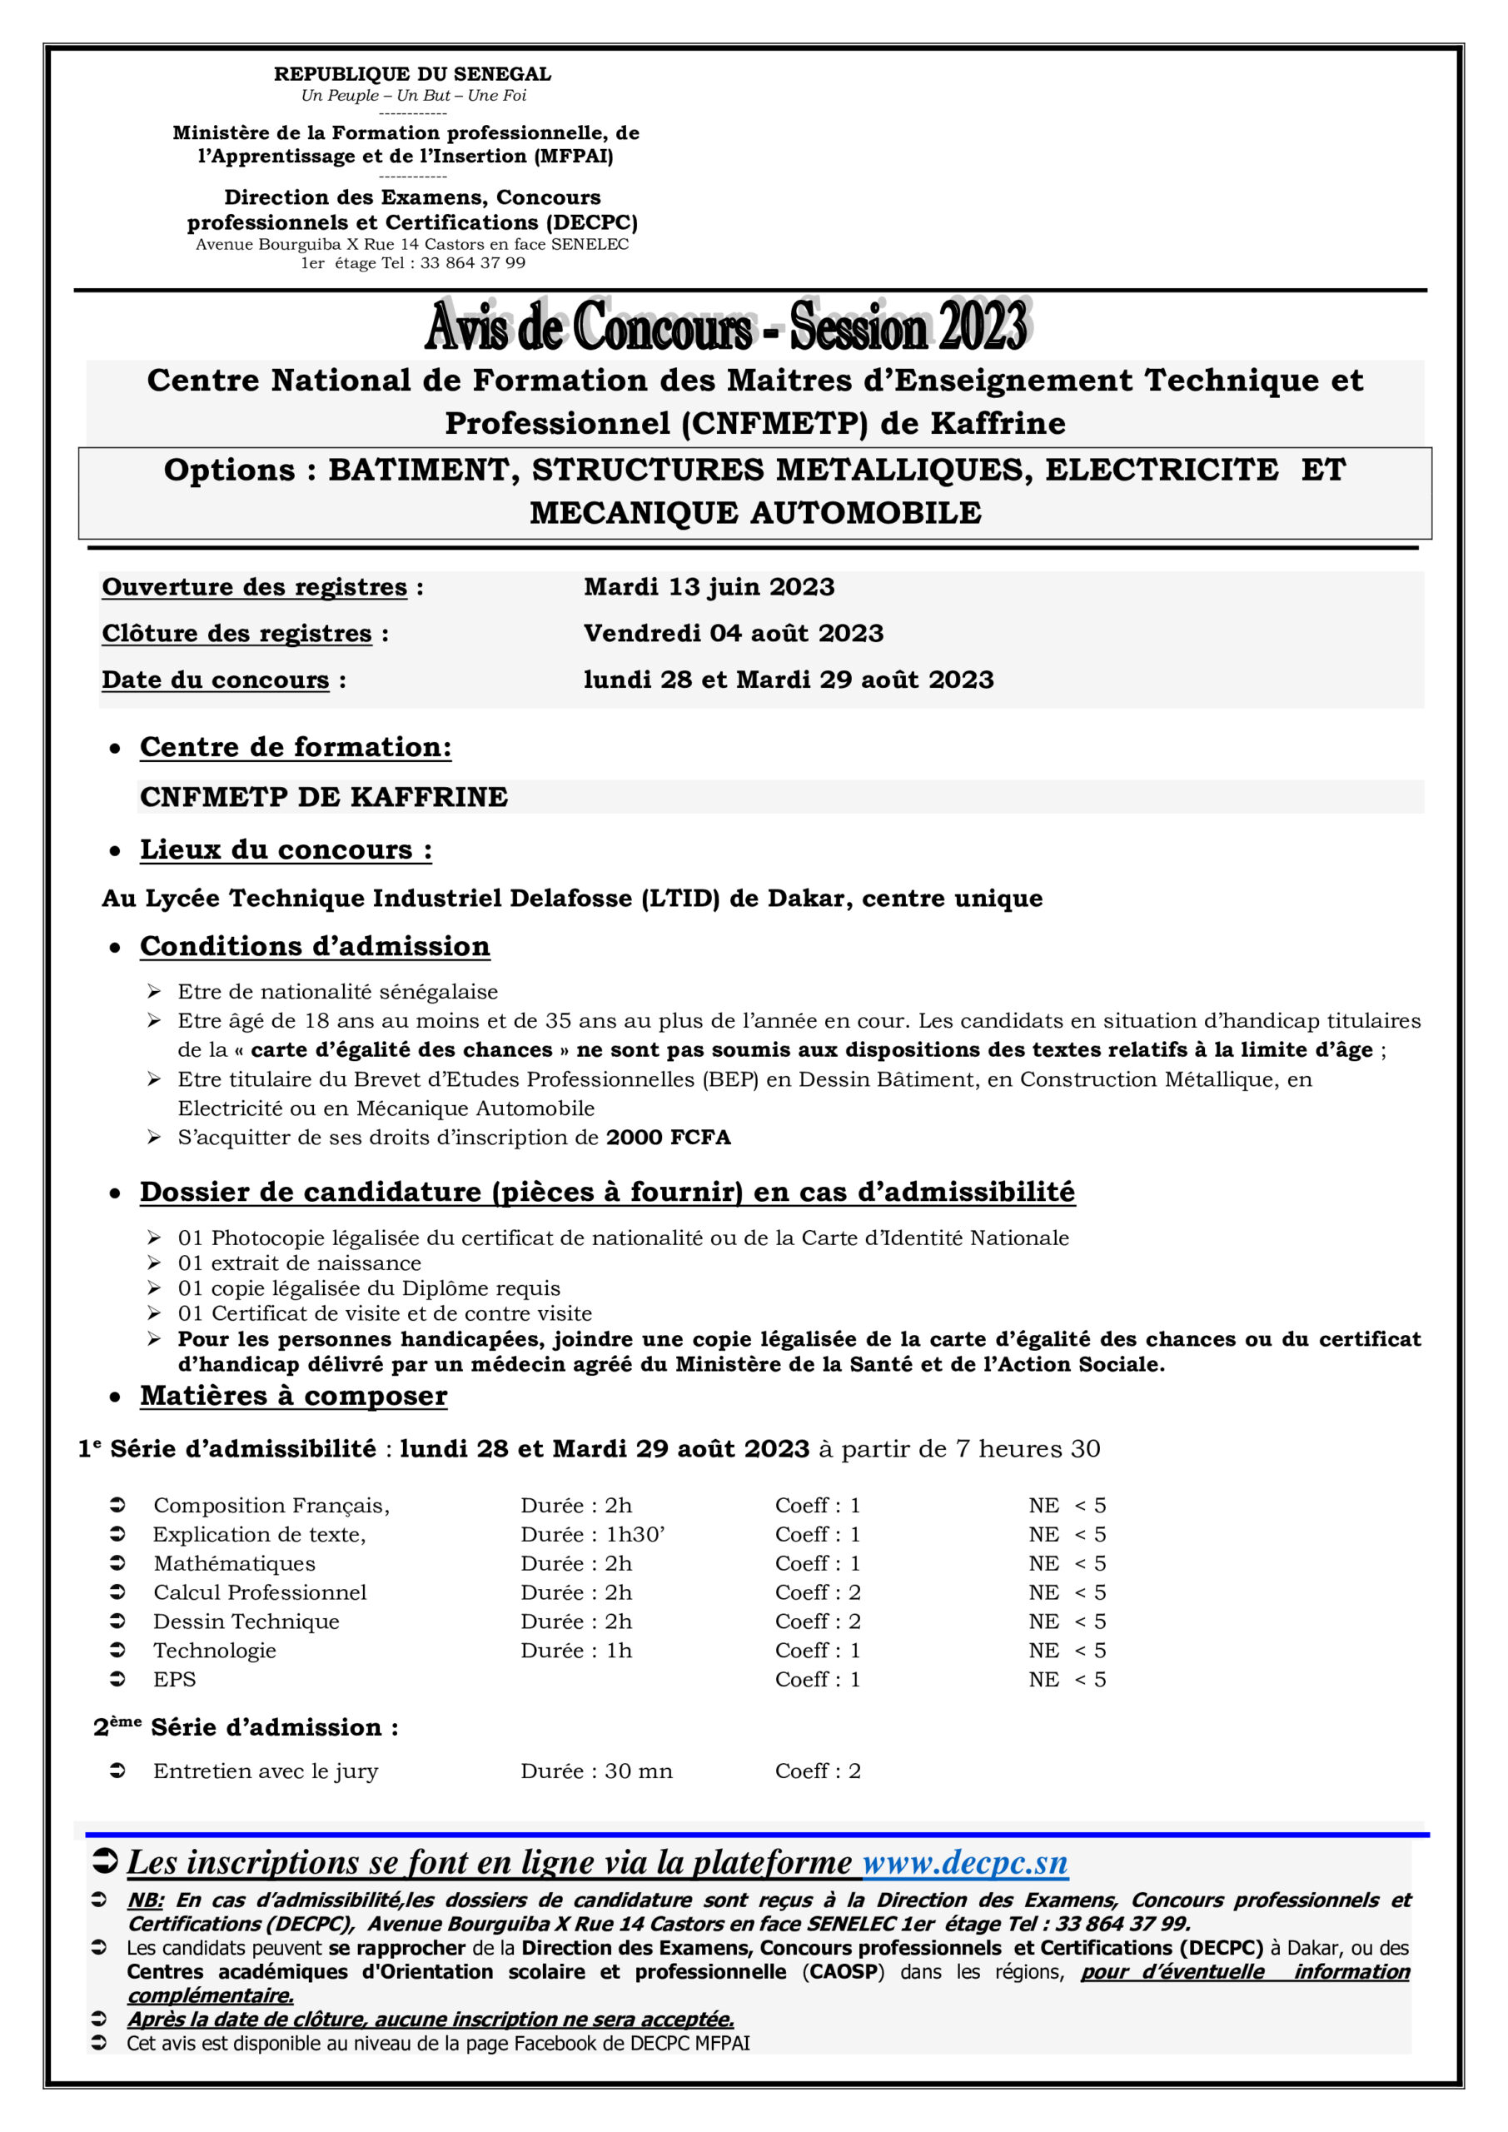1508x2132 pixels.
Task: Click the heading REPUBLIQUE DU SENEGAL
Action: [x=412, y=74]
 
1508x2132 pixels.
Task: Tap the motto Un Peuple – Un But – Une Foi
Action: [x=413, y=96]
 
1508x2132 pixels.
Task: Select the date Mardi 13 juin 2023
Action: [x=709, y=587]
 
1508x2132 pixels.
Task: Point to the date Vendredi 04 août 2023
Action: [x=733, y=633]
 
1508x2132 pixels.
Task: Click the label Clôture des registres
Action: [x=236, y=633]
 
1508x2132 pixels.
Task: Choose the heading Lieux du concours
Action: [x=285, y=849]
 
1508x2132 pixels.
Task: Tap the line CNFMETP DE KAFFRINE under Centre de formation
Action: [x=323, y=797]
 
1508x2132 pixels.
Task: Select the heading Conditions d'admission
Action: [x=315, y=946]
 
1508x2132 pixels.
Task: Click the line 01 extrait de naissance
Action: [x=299, y=1263]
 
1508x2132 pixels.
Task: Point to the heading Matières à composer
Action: [x=293, y=1396]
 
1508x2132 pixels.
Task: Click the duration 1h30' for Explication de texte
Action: [x=635, y=1534]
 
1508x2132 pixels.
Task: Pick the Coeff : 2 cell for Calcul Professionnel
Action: [x=817, y=1592]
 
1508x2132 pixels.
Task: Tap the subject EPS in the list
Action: [x=175, y=1679]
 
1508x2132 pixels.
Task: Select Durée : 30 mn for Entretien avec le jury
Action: [x=596, y=1771]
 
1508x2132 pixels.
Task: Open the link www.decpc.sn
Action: [x=965, y=1862]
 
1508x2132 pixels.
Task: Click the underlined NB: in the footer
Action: [x=145, y=1900]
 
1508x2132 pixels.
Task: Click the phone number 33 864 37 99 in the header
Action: [x=473, y=263]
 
